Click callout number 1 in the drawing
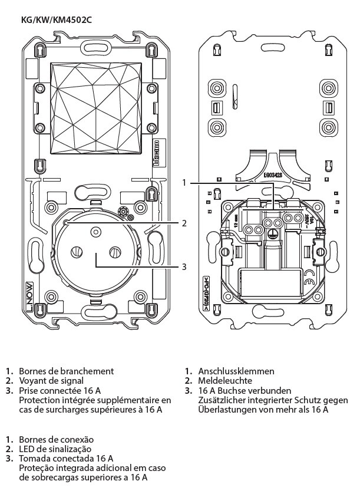[x=184, y=183]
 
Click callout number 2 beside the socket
[x=184, y=223]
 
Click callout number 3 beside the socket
[x=184, y=267]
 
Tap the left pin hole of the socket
[x=75, y=252]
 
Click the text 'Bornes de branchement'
[x=67, y=371]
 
